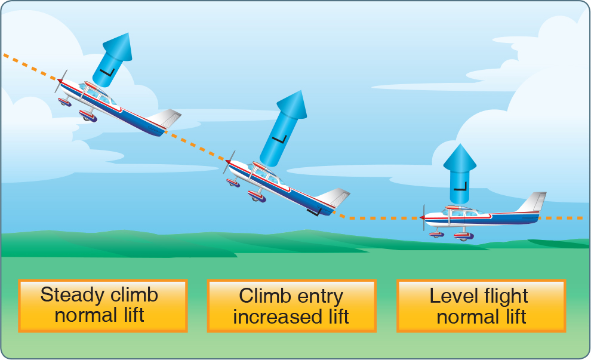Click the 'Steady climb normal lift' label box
pyautogui.click(x=103, y=306)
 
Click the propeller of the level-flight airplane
pyautogui.click(x=423, y=217)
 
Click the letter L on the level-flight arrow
pyautogui.click(x=460, y=184)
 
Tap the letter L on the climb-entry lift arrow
pyautogui.click(x=276, y=140)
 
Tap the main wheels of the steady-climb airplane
pyautogui.click(x=88, y=116)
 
